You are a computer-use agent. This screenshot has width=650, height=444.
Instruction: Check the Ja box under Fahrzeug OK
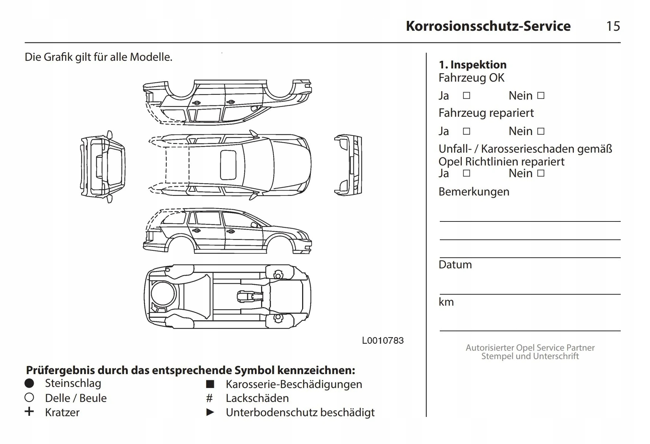[467, 96]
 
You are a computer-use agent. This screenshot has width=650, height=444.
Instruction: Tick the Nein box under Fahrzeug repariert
[541, 131]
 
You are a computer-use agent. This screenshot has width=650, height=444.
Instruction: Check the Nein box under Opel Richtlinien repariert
[541, 173]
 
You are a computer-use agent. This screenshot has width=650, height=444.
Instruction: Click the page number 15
[613, 26]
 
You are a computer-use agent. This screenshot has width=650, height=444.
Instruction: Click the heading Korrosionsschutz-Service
[488, 26]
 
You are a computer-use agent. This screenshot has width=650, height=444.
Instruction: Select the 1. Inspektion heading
[472, 65]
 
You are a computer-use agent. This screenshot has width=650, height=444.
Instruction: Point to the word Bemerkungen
[474, 192]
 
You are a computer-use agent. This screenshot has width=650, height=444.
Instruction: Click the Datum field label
[455, 265]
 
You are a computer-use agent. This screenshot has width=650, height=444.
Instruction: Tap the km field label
[446, 302]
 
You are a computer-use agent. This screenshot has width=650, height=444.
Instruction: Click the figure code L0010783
[383, 341]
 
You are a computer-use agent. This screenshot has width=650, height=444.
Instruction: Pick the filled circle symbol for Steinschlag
[29, 383]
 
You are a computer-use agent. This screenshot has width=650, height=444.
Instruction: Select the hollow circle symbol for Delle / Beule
[29, 398]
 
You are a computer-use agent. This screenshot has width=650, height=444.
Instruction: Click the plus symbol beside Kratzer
[29, 412]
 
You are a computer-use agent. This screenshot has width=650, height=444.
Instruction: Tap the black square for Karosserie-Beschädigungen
[210, 384]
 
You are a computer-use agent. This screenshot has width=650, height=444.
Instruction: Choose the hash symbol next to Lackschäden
[209, 398]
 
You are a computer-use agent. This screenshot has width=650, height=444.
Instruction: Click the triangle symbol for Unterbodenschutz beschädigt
[210, 412]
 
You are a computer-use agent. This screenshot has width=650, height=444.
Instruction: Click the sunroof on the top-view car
[228, 165]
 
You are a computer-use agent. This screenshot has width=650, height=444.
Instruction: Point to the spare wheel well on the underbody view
[163, 294]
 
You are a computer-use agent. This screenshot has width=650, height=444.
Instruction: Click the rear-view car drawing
[103, 167]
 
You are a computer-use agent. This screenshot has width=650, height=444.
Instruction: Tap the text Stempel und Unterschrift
[530, 356]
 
